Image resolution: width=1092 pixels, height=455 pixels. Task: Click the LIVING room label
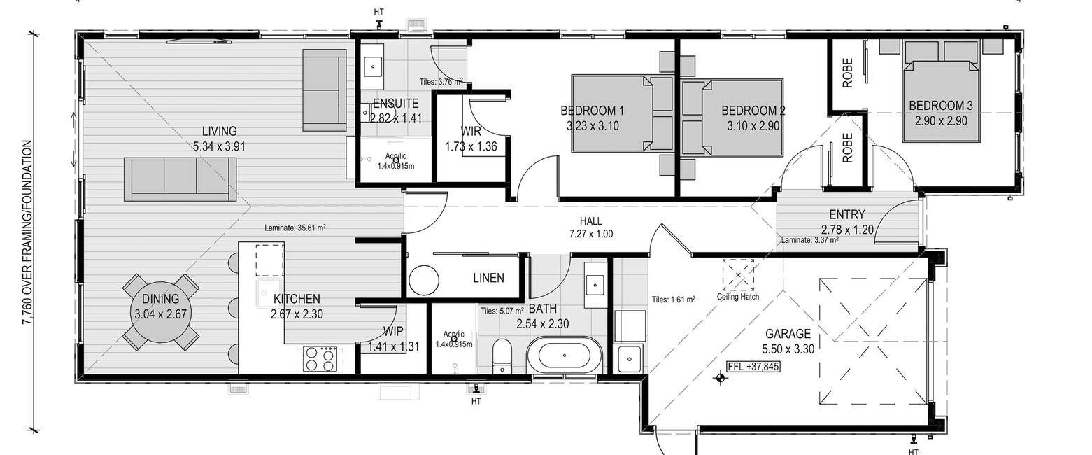coord(220,131)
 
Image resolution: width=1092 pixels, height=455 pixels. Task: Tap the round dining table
coord(160,313)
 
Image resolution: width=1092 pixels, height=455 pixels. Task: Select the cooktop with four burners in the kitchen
coord(320,359)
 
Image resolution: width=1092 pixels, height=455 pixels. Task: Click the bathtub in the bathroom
coord(564,355)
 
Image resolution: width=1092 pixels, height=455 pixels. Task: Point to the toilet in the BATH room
coord(502,356)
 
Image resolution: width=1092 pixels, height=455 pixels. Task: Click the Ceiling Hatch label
coord(737,297)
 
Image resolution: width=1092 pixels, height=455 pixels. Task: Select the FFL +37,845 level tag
coord(753,367)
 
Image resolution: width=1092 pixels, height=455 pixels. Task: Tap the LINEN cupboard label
coord(488,278)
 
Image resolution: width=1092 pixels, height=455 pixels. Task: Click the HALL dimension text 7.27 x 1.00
coord(591,234)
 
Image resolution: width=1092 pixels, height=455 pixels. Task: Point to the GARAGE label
coord(788,334)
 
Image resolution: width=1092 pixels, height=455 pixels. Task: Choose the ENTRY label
coord(846,214)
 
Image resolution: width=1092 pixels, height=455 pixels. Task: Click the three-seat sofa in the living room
coord(180,179)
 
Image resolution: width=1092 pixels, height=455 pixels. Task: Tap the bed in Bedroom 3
coord(942,92)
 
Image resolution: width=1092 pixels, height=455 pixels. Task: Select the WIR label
coord(470,131)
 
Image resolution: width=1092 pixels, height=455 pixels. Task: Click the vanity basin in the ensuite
coord(373,66)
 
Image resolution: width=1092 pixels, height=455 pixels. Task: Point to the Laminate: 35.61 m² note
coord(295,227)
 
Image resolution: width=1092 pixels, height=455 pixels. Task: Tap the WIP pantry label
coord(393,332)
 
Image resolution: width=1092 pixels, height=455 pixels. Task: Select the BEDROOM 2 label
coord(753,111)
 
